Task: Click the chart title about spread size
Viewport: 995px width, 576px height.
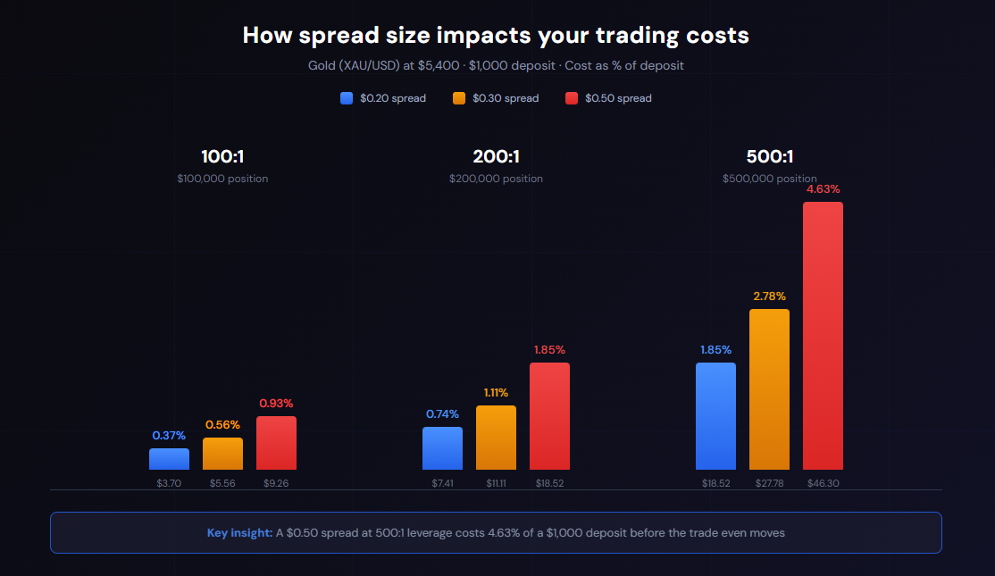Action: [x=496, y=35]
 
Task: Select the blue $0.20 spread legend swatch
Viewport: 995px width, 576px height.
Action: [x=347, y=98]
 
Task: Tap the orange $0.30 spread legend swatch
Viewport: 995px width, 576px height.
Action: [x=459, y=98]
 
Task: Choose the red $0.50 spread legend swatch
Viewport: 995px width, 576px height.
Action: [x=572, y=98]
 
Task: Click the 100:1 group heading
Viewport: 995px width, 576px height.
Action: [x=222, y=157]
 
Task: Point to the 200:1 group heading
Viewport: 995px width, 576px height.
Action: [x=496, y=157]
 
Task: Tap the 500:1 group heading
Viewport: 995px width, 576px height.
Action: [x=769, y=157]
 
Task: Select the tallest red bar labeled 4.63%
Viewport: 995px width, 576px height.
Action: [x=823, y=336]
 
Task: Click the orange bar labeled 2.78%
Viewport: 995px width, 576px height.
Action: [x=769, y=389]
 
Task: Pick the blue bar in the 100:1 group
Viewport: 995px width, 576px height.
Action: [x=169, y=459]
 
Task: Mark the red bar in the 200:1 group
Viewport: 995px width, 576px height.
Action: [x=549, y=416]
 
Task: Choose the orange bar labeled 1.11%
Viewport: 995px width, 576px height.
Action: [x=496, y=438]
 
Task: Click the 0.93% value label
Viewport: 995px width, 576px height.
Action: [x=276, y=403]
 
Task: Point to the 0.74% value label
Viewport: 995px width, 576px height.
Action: [x=442, y=413]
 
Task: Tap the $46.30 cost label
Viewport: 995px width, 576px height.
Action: [x=823, y=483]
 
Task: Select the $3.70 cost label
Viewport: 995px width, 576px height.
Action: [x=169, y=483]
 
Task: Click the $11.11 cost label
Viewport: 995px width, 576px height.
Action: [x=496, y=483]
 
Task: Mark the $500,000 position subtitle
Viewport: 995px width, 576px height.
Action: [x=769, y=179]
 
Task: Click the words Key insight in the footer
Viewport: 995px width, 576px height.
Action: [x=239, y=533]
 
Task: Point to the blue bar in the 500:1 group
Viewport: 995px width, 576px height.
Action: [x=715, y=416]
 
